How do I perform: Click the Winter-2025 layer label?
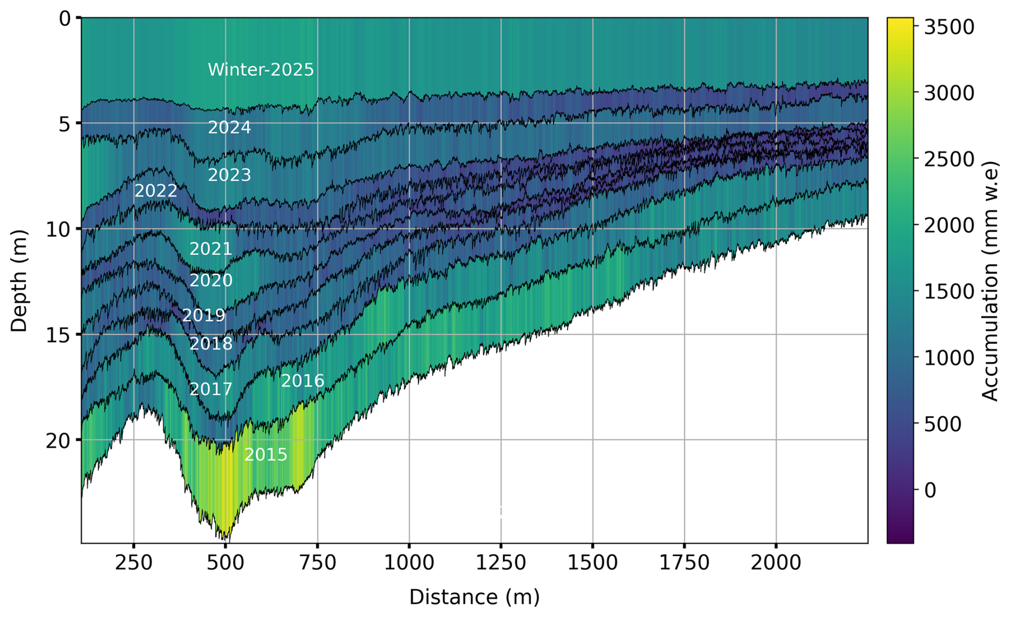(261, 70)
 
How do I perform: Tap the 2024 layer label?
(229, 128)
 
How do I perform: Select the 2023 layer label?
(229, 175)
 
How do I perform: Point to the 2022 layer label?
(155, 191)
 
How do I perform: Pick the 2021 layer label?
(211, 249)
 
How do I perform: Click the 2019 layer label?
(203, 315)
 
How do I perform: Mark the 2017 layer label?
(211, 389)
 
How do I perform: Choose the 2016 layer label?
(303, 381)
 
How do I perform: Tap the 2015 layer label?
(266, 455)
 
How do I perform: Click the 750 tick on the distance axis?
(318, 563)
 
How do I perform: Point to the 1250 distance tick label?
(501, 563)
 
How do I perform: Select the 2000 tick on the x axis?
(776, 563)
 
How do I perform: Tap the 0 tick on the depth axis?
(64, 19)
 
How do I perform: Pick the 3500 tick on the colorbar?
(949, 27)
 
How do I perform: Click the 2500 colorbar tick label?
(949, 159)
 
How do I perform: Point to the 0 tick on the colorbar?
(930, 490)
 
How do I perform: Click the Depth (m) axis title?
(19, 281)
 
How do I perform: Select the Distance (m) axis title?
(475, 597)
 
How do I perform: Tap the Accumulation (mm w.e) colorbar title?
(991, 281)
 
